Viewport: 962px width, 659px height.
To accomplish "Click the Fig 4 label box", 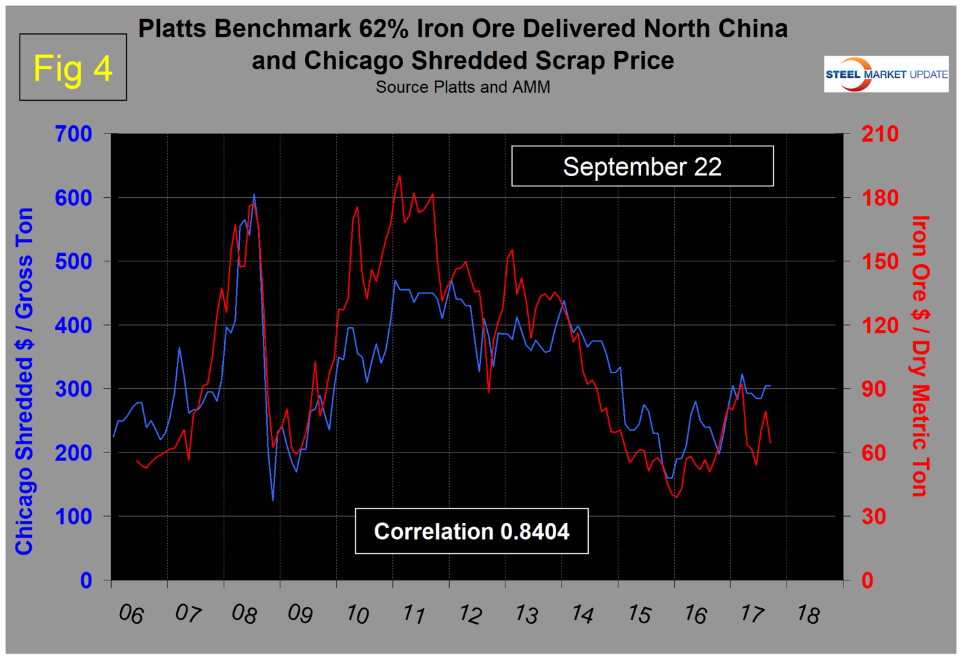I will click(72, 67).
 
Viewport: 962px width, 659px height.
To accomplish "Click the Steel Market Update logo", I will click(886, 75).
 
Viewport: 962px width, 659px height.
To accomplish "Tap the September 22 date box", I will click(642, 167).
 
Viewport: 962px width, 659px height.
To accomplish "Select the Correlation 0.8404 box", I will click(472, 532).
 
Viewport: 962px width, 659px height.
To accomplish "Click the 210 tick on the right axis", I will click(879, 134).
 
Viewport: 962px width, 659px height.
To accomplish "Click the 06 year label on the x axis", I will click(131, 614).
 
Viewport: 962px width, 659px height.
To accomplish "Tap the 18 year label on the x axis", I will click(808, 614).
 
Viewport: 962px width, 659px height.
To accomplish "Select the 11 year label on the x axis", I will click(413, 614).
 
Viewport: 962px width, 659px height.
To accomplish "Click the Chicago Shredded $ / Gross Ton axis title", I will click(24, 381).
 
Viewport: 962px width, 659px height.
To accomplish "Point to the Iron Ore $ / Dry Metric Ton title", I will click(920, 356).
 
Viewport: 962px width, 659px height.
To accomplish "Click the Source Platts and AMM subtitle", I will click(463, 87).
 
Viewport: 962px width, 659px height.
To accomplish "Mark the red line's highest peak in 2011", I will click(399, 175).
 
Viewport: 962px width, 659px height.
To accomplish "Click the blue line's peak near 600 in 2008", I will click(254, 195).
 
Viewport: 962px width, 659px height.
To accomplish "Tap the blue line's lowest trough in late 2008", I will click(273, 500).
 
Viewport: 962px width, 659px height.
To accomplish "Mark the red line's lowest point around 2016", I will click(675, 497).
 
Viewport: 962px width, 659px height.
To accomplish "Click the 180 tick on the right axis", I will click(879, 198).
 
